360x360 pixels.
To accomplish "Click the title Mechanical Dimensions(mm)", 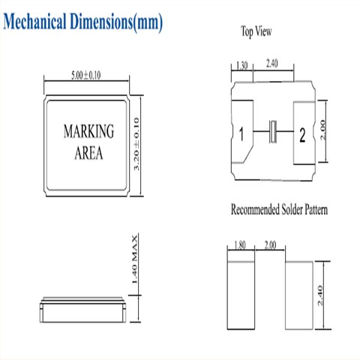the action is [83, 22].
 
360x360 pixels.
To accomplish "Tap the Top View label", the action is [256, 31].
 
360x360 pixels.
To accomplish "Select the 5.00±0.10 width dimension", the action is [86, 76].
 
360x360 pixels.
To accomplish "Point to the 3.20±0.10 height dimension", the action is [136, 144].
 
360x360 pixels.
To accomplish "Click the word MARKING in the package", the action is [88, 131].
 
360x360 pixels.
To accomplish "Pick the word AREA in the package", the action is [88, 153].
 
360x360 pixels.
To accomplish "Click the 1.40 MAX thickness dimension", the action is [134, 259].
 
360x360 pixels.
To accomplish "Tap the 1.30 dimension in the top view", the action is [242, 66].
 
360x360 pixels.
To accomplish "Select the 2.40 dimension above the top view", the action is [272, 64].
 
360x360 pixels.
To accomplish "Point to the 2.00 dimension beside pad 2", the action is [322, 130].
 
